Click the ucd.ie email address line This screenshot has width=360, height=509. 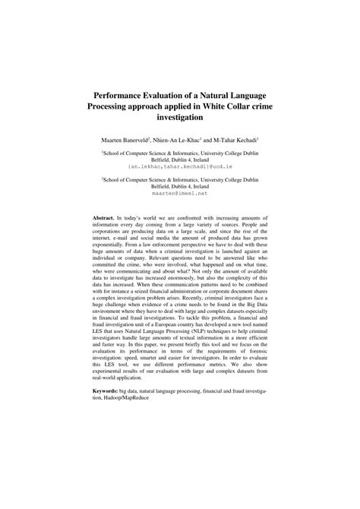coord(181,165)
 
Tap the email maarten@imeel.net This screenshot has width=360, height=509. coord(180,193)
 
